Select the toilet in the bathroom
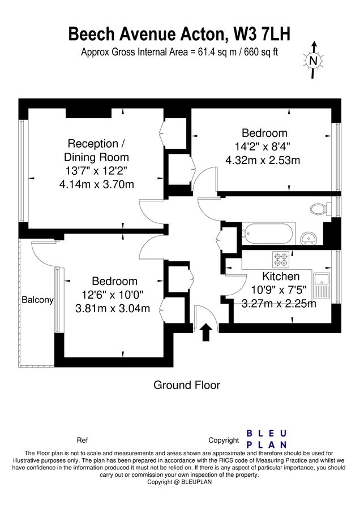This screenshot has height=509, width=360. tap(321, 209)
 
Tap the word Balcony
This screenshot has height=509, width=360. tap(37, 300)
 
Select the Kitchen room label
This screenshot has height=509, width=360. tap(280, 277)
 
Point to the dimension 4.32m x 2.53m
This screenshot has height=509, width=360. tap(263, 160)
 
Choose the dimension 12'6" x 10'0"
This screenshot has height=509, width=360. tap(114, 295)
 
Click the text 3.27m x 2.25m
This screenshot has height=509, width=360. tap(278, 304)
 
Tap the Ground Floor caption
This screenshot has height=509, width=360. tap(187, 385)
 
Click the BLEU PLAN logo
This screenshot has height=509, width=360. tap(266, 439)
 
